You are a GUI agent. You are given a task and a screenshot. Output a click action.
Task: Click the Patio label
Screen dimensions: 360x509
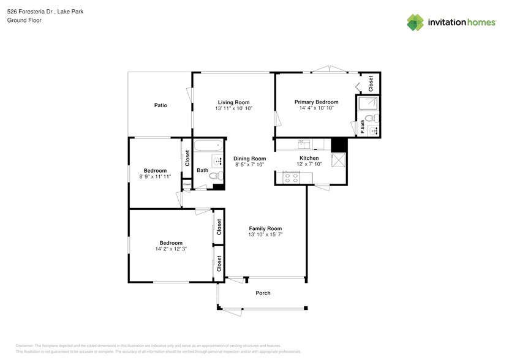160,105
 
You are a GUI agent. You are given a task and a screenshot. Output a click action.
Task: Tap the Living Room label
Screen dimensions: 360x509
234,102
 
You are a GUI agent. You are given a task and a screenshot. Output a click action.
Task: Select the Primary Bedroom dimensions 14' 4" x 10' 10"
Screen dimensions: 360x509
316,108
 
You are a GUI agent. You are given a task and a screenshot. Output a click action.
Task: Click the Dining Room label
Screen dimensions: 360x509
250,159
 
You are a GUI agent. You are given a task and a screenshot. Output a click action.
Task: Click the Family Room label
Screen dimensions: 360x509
265,228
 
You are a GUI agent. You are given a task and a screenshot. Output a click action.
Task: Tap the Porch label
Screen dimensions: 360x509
263,293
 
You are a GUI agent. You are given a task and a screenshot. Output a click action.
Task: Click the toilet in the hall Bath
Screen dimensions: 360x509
214,176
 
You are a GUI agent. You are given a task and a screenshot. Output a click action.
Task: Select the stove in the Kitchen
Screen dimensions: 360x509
290,178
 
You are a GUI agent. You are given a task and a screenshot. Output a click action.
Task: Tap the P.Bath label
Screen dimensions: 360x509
363,127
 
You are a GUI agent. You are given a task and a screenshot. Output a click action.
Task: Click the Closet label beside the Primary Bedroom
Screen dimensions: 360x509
371,83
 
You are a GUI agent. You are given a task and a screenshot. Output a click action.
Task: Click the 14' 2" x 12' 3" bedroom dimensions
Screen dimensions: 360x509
171,249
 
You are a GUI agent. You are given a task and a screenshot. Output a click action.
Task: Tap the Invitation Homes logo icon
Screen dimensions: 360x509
416,23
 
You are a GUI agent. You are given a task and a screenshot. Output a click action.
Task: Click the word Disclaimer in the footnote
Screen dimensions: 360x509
25,345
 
